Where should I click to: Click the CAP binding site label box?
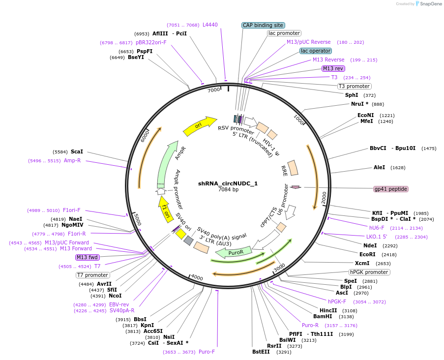coord(264,25)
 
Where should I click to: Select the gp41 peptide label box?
coord(391,189)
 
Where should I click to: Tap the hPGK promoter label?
coord(369,272)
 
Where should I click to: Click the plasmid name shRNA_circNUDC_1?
coord(228,183)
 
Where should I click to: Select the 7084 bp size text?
coord(228,189)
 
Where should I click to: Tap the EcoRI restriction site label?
coord(367,255)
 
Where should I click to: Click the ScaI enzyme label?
coord(77,151)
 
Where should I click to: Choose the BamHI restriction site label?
coord(329,317)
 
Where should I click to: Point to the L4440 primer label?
coord(210,25)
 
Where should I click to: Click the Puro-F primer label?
coord(207,352)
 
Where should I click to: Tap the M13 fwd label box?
coord(88,257)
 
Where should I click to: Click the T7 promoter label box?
coord(92,275)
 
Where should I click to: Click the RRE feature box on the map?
coord(293,168)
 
